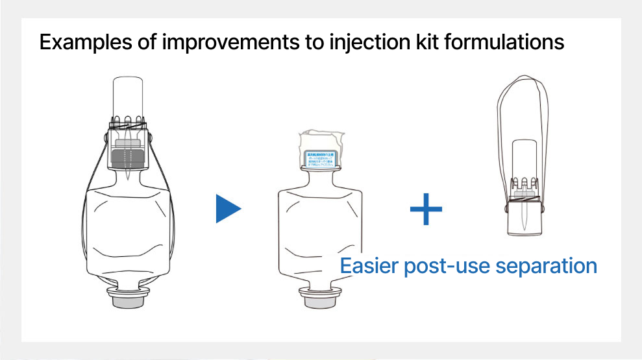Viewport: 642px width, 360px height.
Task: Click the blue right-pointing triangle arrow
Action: tap(228, 210)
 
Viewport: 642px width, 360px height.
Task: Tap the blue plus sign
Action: tap(426, 210)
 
